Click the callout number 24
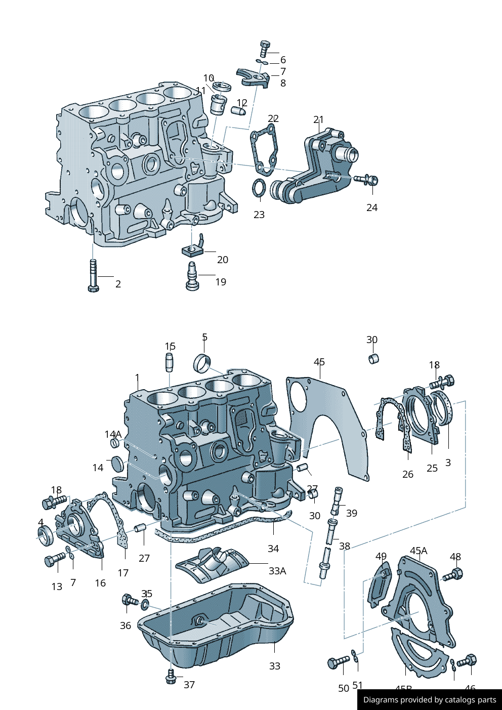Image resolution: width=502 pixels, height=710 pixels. (372, 207)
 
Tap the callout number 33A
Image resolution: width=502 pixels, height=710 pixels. (277, 571)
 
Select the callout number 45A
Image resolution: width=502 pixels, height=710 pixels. (419, 551)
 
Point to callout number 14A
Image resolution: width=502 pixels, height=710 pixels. (113, 434)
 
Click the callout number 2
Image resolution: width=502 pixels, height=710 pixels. (118, 284)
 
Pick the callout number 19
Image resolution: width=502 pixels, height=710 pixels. (221, 282)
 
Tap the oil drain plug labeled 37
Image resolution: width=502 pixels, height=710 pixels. (171, 677)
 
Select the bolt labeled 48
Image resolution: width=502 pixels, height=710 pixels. (454, 575)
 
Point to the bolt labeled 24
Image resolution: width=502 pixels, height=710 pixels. (367, 180)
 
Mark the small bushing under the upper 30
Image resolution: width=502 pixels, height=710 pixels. (373, 359)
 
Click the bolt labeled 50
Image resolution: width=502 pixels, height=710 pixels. (338, 662)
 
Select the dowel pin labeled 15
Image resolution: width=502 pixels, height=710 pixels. (170, 363)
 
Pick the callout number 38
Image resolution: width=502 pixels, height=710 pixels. (345, 546)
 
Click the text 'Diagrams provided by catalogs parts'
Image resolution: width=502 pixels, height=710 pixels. (430, 700)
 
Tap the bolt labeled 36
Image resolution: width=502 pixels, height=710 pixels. (129, 601)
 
